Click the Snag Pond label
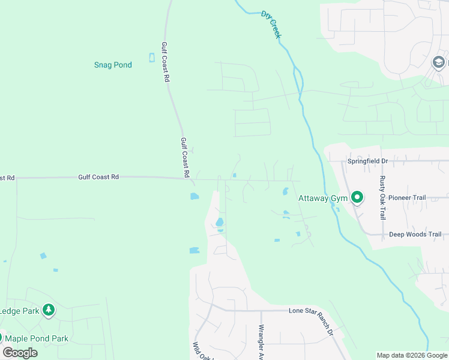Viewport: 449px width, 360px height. tap(113, 65)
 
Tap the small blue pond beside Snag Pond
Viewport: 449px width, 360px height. tap(151, 58)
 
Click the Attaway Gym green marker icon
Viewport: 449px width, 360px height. tap(357, 197)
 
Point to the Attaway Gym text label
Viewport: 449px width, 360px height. tap(323, 197)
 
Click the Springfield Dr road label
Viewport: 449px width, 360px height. tap(368, 161)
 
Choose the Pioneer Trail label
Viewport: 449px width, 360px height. tap(406, 197)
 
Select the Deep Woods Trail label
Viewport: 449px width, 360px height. tap(415, 235)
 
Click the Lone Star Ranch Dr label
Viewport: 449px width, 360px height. tap(315, 311)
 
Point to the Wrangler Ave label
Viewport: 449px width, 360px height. tap(261, 343)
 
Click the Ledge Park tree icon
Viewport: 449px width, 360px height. tap(49, 310)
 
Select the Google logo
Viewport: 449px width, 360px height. tap(20, 353)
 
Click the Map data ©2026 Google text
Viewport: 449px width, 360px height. tap(412, 355)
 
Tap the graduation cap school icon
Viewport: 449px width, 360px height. tap(438, 62)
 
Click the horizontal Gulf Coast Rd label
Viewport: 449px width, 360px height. tap(98, 177)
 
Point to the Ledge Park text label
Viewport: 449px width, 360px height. tap(19, 311)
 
